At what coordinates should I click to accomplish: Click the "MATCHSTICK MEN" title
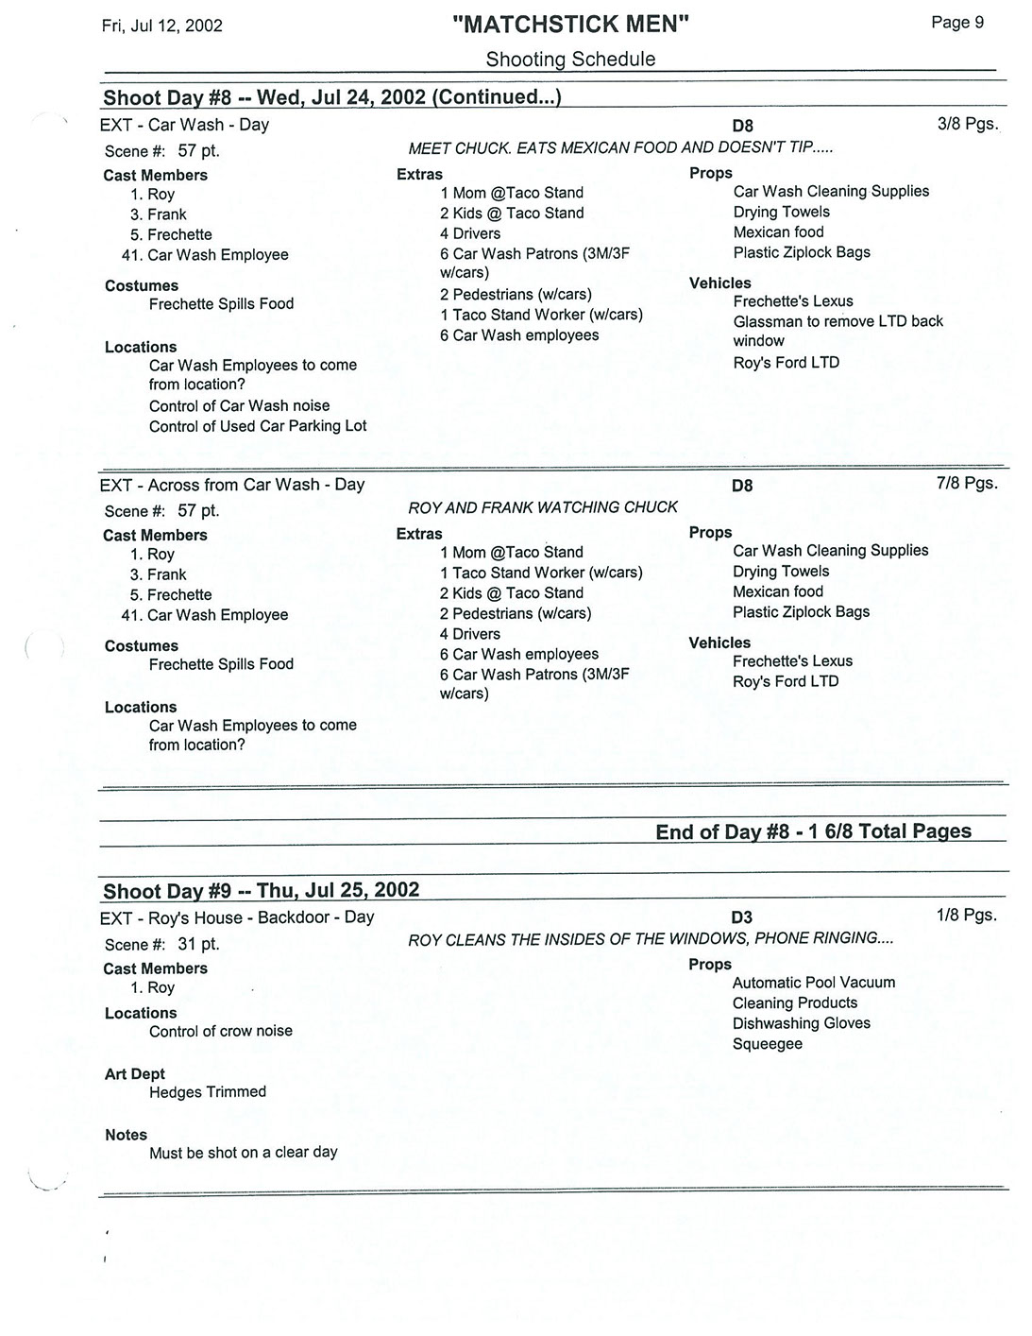(570, 26)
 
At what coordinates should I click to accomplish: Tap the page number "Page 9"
(956, 23)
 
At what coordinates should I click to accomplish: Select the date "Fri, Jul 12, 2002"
(161, 26)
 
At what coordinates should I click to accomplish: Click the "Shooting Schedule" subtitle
(570, 60)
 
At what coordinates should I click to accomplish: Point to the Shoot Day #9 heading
(261, 891)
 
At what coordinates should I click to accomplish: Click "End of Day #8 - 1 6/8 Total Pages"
(813, 831)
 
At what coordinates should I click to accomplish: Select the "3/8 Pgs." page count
(967, 124)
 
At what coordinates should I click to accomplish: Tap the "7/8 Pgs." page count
(967, 484)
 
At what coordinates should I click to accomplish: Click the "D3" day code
(742, 917)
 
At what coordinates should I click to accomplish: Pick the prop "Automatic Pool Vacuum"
(813, 983)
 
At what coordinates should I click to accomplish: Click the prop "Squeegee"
(767, 1044)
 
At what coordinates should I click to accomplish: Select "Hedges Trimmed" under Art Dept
(208, 1092)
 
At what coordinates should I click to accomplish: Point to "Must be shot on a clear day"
(243, 1153)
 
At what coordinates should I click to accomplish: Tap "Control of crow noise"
(221, 1032)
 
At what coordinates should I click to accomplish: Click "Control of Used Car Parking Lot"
(258, 426)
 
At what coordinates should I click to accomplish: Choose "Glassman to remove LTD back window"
(837, 331)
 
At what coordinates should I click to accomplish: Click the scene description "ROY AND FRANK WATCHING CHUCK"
(542, 507)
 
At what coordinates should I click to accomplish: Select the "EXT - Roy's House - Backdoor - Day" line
(236, 917)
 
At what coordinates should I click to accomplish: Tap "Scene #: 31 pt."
(161, 944)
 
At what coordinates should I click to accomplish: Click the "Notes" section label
(127, 1135)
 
